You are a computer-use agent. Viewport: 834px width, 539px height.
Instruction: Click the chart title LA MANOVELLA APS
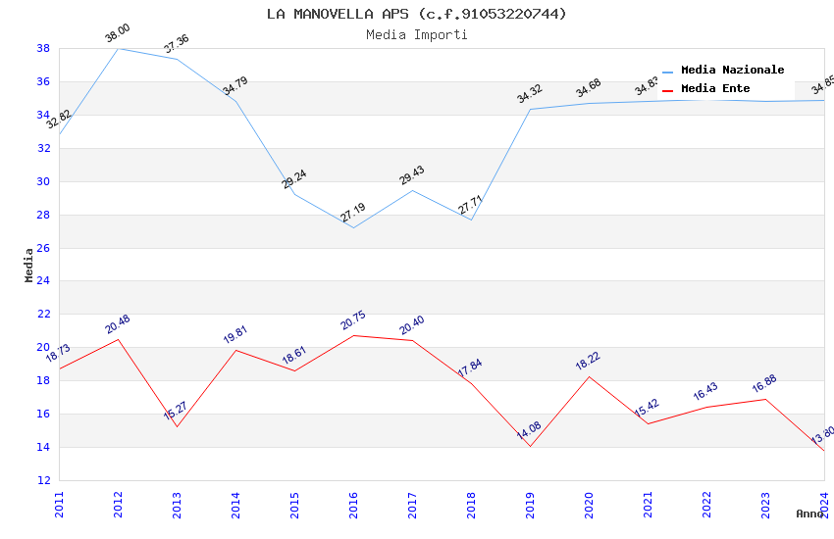[416, 14]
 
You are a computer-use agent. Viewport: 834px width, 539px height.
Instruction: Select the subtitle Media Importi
[416, 34]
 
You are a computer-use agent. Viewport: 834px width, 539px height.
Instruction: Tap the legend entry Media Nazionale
[732, 70]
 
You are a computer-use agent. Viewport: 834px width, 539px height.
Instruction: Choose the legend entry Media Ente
[715, 88]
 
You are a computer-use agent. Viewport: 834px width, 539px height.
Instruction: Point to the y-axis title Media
[28, 265]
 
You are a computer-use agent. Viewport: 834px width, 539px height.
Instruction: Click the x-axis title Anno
[809, 514]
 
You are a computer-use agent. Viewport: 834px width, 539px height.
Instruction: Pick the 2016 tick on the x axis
[353, 501]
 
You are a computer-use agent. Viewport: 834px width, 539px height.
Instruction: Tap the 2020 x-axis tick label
[589, 501]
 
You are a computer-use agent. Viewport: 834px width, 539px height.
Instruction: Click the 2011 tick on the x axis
[59, 501]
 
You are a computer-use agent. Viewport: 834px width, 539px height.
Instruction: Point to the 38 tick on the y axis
[43, 48]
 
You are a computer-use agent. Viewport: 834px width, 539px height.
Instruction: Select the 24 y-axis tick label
[43, 281]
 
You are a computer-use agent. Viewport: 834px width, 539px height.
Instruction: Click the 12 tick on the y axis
[43, 480]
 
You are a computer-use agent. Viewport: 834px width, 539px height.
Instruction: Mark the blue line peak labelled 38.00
[118, 48]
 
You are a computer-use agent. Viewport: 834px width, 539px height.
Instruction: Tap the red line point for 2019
[530, 446]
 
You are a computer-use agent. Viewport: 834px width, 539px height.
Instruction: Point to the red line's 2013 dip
[177, 426]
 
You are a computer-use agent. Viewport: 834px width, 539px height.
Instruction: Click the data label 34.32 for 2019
[530, 94]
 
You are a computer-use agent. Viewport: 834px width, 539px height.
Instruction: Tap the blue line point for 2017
[412, 190]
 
